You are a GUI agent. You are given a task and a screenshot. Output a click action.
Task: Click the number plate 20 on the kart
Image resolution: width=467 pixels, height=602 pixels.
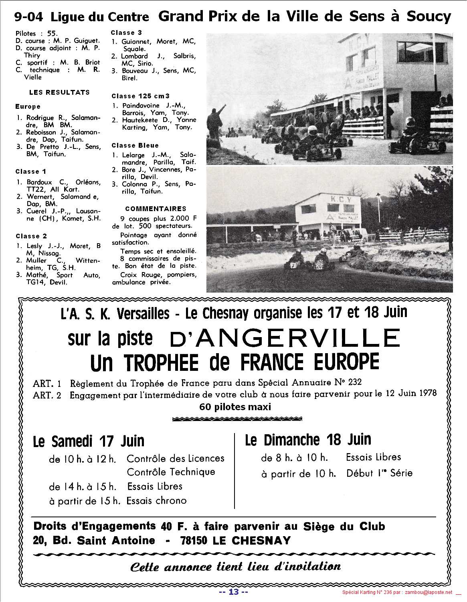click(x=319, y=265)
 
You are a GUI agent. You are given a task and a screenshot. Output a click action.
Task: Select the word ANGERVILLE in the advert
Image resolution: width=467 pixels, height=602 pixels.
click(x=285, y=338)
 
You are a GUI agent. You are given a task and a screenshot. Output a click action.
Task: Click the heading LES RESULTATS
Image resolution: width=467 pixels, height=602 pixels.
click(x=59, y=92)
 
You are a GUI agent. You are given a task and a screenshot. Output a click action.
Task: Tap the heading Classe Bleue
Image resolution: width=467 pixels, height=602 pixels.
click(x=135, y=145)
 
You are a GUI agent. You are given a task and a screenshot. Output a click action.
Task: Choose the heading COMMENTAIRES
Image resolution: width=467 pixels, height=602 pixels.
click(x=156, y=209)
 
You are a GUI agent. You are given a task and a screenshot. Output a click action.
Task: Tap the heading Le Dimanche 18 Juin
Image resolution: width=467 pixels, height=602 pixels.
click(x=308, y=440)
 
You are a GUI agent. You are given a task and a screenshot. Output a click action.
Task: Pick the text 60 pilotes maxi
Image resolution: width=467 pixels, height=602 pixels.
click(x=235, y=407)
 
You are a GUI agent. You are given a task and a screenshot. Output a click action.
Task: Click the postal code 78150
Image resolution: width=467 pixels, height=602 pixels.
click(x=194, y=541)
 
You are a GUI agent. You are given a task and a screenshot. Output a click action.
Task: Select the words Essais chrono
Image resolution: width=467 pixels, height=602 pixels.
click(x=156, y=500)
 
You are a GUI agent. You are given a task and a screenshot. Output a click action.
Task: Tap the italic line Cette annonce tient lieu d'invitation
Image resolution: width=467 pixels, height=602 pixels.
click(x=235, y=567)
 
